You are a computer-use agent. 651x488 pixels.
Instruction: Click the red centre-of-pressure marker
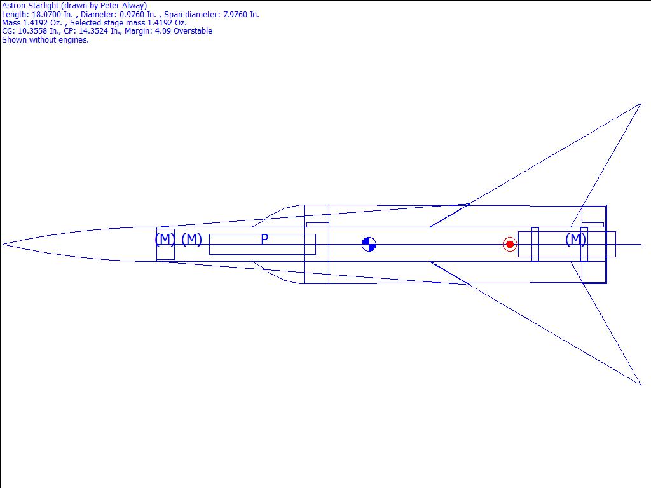click(x=510, y=245)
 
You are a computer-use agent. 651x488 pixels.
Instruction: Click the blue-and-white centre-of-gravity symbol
click(x=369, y=245)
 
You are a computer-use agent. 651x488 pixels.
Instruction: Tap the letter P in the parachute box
click(x=264, y=240)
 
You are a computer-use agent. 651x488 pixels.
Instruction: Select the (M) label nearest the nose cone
click(x=165, y=240)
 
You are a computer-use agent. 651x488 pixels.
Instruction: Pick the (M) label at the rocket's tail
click(x=576, y=240)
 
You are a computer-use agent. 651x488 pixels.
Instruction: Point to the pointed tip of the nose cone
click(x=3, y=245)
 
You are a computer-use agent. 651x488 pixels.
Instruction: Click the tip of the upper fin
click(x=641, y=104)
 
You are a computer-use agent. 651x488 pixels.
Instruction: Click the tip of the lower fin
click(x=641, y=385)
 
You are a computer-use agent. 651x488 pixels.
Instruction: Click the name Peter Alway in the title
click(x=123, y=6)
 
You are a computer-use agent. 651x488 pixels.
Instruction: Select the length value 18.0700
click(x=46, y=15)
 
